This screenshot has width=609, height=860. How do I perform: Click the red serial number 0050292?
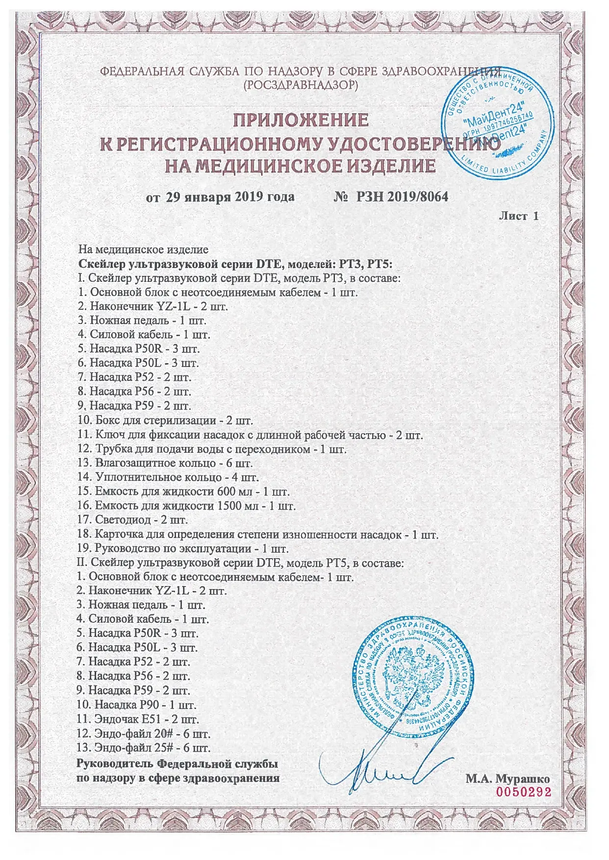point(524,792)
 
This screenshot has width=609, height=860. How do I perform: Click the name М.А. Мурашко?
point(508,779)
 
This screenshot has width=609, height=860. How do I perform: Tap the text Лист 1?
point(518,216)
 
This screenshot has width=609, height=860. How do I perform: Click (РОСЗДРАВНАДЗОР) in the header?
point(301,84)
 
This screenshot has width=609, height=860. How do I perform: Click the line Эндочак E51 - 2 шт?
point(138,719)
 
